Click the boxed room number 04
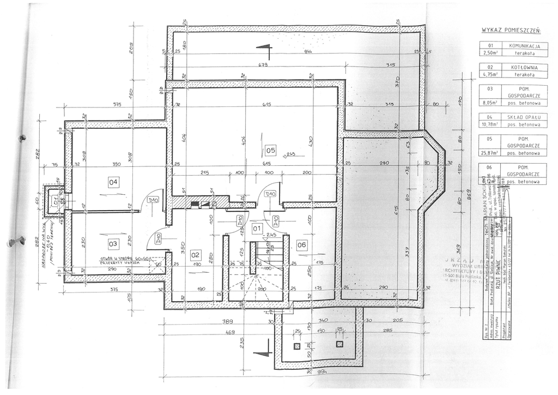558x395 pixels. pyautogui.click(x=113, y=182)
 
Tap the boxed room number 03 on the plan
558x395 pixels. pyautogui.click(x=113, y=243)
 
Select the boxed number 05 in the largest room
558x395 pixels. pyautogui.click(x=271, y=150)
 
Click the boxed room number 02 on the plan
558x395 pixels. pyautogui.click(x=196, y=254)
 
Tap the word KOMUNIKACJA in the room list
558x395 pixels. pyautogui.click(x=524, y=46)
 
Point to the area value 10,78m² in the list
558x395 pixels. pyautogui.click(x=490, y=124)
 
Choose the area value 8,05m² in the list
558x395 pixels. pyautogui.click(x=490, y=102)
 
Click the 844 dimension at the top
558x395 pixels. pyautogui.click(x=308, y=51)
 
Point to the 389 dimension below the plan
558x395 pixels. pyautogui.click(x=228, y=322)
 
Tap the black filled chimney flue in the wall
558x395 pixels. pyautogui.click(x=194, y=204)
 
